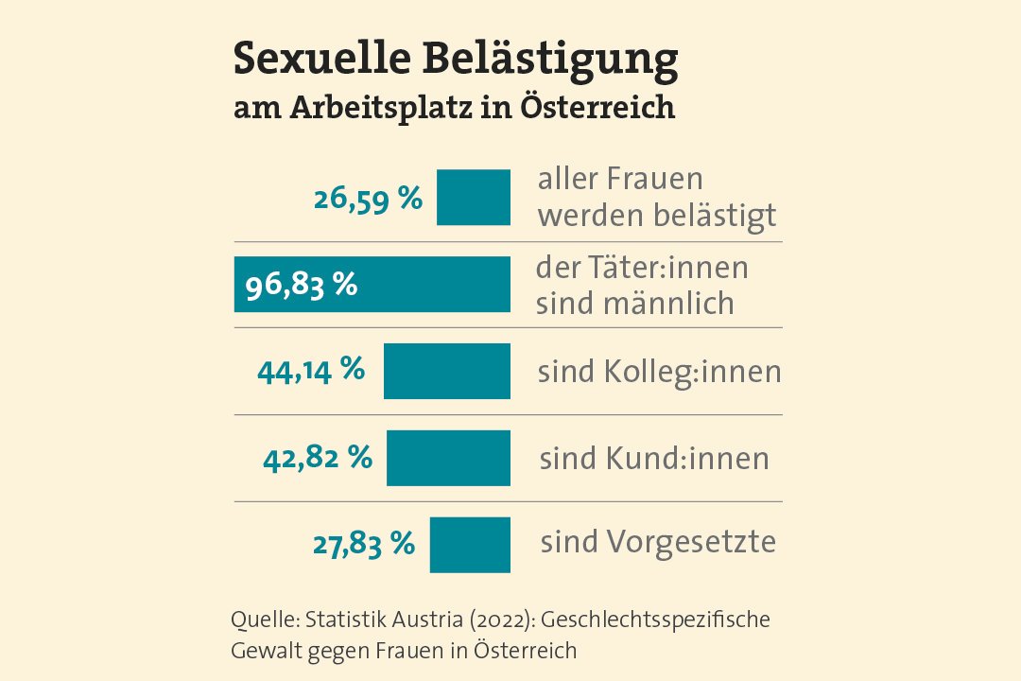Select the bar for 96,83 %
click(x=372, y=285)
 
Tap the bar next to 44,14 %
click(x=446, y=371)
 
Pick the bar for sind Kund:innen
click(x=448, y=458)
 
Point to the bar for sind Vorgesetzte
click(x=470, y=545)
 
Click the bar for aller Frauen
click(x=473, y=198)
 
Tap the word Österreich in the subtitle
click(x=598, y=107)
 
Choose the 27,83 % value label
click(x=364, y=545)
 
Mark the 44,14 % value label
click(x=311, y=370)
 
